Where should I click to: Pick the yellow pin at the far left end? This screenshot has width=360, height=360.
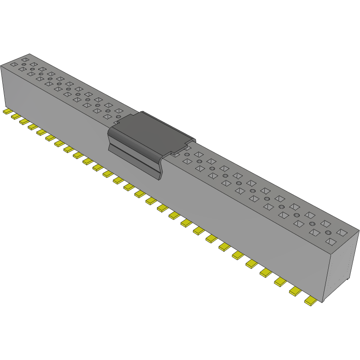tap(7, 111)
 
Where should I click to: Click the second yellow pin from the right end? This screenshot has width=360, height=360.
tap(295, 291)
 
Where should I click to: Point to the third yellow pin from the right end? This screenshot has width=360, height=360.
tap(280, 282)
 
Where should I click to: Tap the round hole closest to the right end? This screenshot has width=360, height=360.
tap(328, 233)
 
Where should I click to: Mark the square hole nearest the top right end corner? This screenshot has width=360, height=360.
tap(342, 232)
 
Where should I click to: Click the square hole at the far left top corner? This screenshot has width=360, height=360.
tap(14, 64)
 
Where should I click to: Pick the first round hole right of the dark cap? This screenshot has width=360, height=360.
tap(187, 154)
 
